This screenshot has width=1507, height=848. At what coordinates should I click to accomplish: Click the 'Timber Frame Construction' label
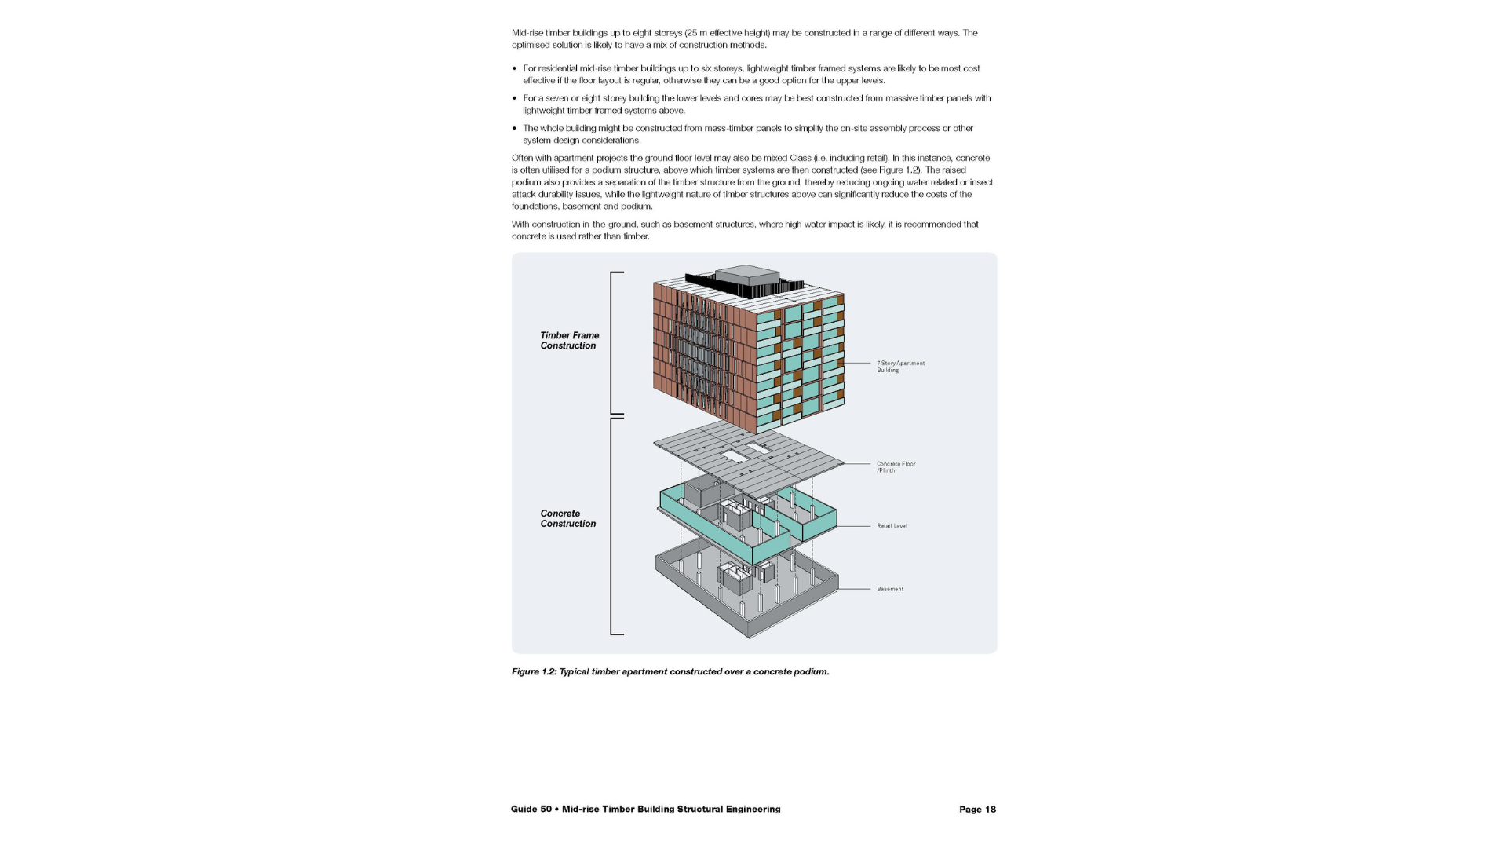[x=569, y=341]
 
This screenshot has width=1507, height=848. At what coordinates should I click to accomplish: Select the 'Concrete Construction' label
[x=567, y=519]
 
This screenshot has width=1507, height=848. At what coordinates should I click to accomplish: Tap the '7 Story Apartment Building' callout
[x=900, y=367]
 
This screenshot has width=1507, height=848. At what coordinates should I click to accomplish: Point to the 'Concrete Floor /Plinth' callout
[x=896, y=467]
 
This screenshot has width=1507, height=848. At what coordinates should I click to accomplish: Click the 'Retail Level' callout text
[x=892, y=526]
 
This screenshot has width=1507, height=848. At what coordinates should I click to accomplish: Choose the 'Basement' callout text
[x=890, y=589]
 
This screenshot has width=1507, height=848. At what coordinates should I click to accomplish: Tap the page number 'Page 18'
[x=977, y=810]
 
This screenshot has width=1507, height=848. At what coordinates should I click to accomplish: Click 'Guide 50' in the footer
[x=531, y=810]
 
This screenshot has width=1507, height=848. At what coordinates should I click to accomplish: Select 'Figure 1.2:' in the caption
[x=534, y=672]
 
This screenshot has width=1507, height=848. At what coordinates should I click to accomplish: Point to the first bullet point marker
[x=514, y=69]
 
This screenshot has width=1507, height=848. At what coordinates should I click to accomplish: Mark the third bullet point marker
[x=514, y=129]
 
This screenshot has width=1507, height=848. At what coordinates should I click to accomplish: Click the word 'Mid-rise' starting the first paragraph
[x=527, y=33]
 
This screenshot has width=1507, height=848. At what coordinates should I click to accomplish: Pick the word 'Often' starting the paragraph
[x=522, y=158]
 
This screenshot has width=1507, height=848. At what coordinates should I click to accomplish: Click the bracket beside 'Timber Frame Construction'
[x=614, y=343]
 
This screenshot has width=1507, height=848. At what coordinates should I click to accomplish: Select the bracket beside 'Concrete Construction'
[x=614, y=526]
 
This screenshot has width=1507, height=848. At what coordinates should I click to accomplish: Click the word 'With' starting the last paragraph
[x=520, y=225]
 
